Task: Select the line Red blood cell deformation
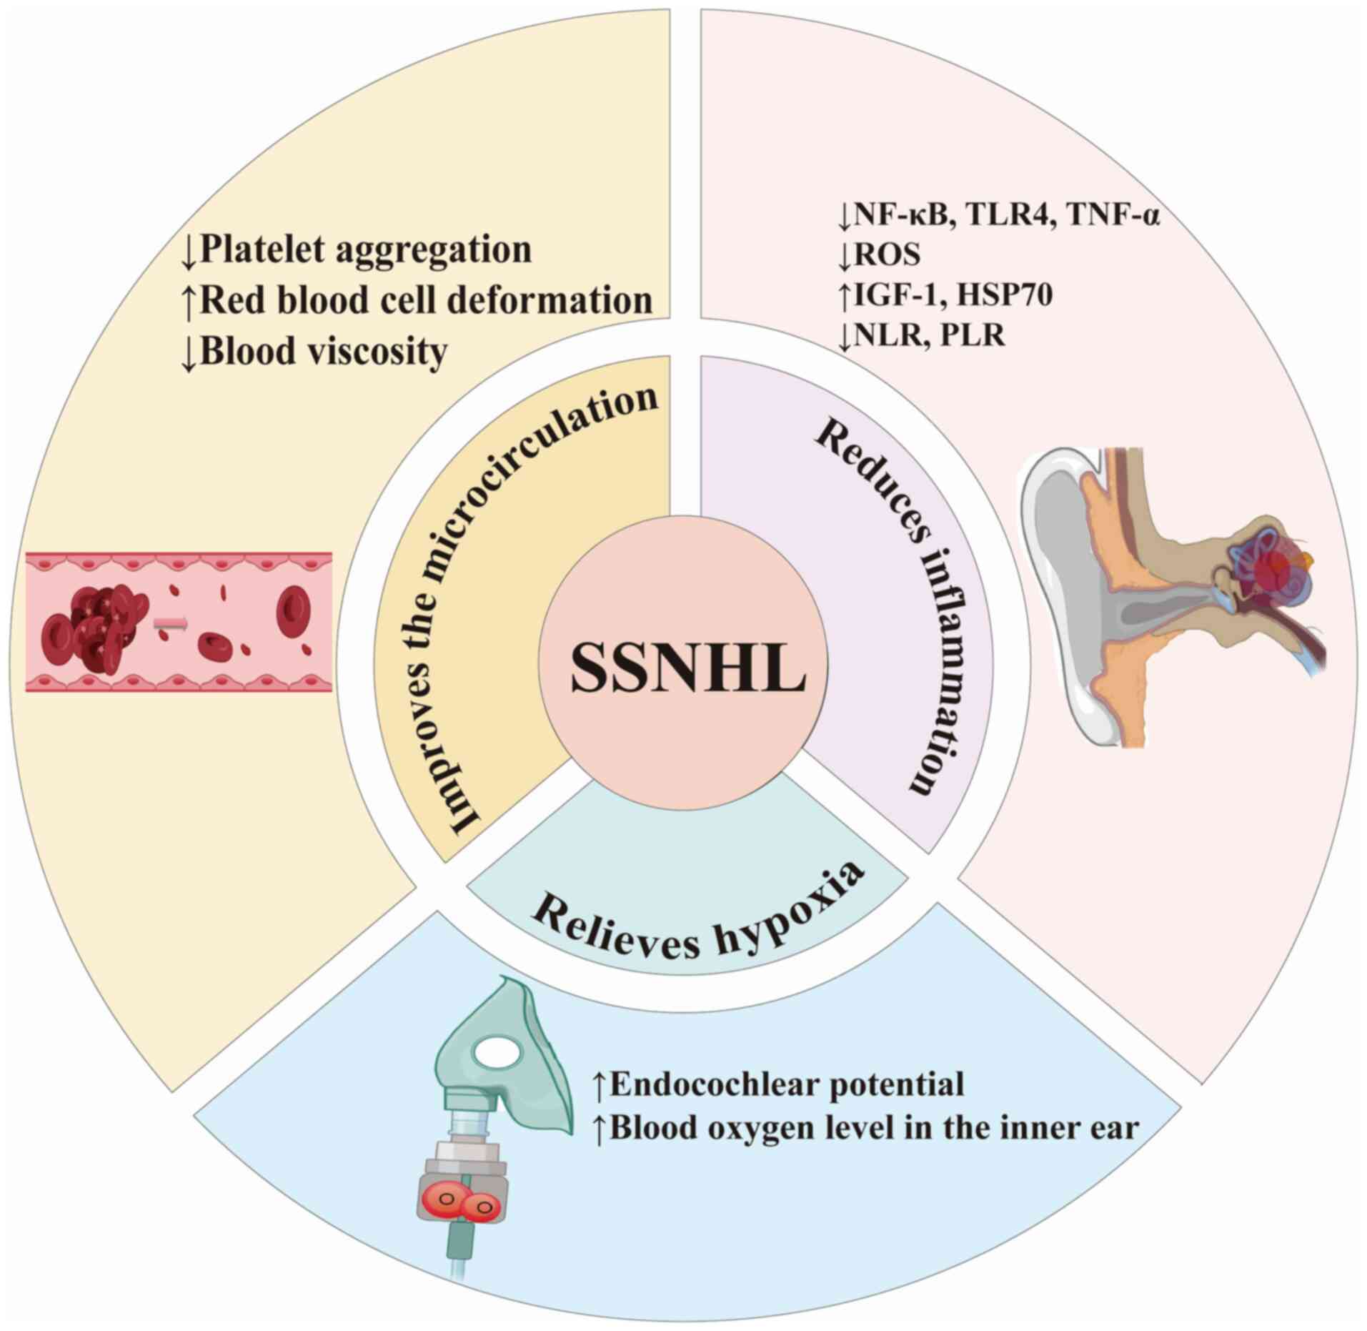pyautogui.click(x=426, y=301)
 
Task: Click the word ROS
pyautogui.click(x=887, y=255)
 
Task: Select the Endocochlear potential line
pyautogui.click(x=787, y=1084)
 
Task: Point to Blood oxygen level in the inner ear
pyautogui.click(x=873, y=1128)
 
